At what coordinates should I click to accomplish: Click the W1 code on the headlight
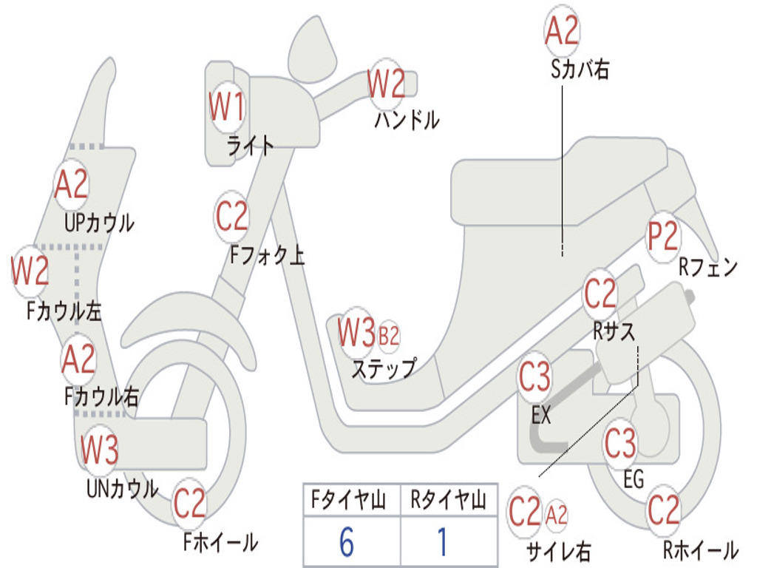[x=226, y=108]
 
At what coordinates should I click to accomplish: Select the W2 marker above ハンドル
[x=386, y=84]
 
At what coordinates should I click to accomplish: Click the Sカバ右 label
[x=580, y=70]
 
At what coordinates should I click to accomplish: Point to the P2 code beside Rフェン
[x=662, y=237]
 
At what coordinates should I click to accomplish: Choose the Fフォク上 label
[x=267, y=256]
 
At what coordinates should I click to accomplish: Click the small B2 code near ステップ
[x=389, y=337]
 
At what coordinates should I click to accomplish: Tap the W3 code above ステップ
[x=356, y=334]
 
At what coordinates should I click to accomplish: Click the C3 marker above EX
[x=534, y=378]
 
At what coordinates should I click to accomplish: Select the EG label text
[x=634, y=479]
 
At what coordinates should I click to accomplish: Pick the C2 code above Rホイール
[x=663, y=510]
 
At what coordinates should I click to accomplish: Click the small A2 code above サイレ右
[x=557, y=514]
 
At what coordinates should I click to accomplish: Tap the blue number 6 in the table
[x=347, y=543]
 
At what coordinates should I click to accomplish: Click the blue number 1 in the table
[x=443, y=543]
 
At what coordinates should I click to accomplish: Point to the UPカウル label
[x=99, y=222]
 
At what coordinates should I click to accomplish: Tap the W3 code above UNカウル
[x=99, y=450]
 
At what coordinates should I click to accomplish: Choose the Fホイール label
[x=220, y=542]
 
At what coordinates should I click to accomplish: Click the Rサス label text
[x=614, y=331]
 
